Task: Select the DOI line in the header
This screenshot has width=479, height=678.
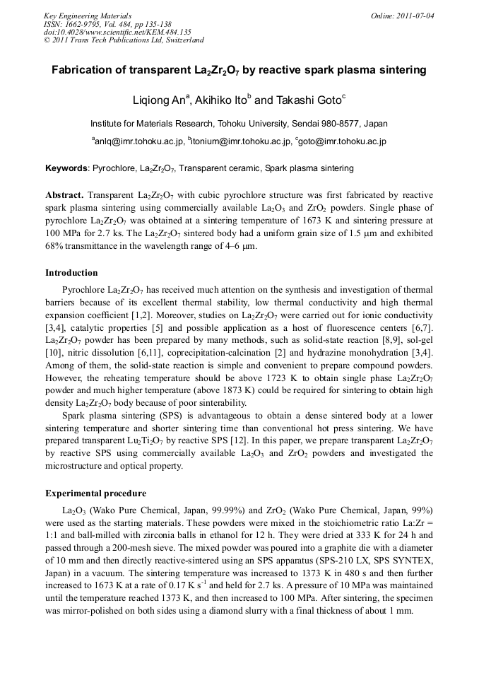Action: point(117,32)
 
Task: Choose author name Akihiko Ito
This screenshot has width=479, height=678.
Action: point(218,100)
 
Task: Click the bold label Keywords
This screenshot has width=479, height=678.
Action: point(67,169)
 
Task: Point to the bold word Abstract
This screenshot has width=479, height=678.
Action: point(64,194)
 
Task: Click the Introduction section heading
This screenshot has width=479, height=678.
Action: point(71,273)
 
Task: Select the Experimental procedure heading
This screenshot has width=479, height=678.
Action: point(95,493)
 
